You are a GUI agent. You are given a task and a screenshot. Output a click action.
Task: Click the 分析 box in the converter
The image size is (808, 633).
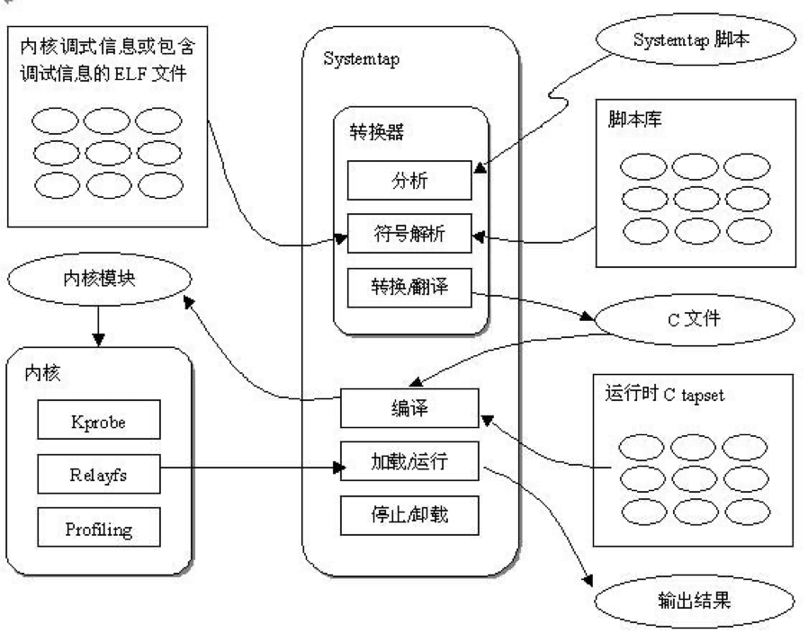[x=409, y=181]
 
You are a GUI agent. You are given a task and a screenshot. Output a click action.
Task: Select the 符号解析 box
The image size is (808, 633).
[x=409, y=236]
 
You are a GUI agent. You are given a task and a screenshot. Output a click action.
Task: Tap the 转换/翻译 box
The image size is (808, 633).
[x=409, y=289]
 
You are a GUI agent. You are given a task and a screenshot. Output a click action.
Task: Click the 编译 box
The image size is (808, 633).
[x=409, y=409]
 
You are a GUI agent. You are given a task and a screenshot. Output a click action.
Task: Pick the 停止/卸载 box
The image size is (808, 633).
[x=409, y=518]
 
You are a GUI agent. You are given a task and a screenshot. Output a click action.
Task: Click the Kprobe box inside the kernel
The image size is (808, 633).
[x=99, y=420]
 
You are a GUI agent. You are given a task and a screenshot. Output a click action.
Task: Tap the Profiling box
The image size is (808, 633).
[x=99, y=527]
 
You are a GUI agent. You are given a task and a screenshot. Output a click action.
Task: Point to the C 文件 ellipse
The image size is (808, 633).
[x=688, y=317]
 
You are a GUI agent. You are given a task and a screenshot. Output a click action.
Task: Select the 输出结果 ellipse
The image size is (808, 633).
[x=694, y=598]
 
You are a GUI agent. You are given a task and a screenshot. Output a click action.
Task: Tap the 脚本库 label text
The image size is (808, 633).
[x=634, y=120]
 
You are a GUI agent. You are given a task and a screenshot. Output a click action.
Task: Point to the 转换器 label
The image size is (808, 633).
[x=375, y=132]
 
